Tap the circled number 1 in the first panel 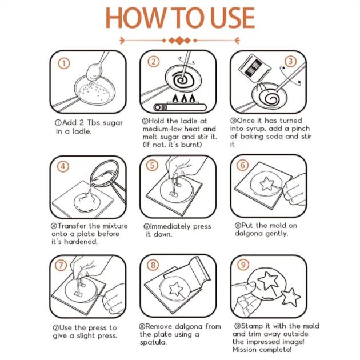[64, 63]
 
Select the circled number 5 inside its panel [152, 166]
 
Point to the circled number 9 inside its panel [243, 265]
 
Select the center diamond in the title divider [179, 41]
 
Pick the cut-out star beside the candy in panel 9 [291, 297]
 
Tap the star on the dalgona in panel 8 [176, 289]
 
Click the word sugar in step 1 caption [113, 123]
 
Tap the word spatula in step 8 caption [153, 342]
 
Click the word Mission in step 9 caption [245, 350]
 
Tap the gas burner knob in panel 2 [158, 107]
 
